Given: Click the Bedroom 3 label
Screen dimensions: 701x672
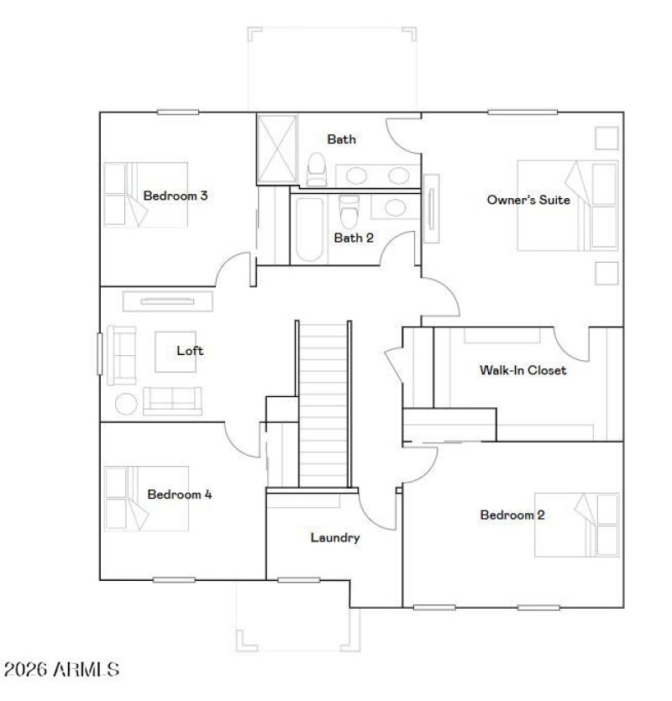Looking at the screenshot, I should click(176, 196).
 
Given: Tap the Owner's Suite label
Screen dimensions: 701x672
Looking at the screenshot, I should click(528, 200).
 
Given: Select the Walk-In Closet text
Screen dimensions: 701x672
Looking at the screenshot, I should click(522, 369).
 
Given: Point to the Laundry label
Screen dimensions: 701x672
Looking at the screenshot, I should click(335, 537).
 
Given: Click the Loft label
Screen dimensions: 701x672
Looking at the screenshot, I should click(190, 351).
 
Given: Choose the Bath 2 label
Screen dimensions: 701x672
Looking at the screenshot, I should click(354, 238).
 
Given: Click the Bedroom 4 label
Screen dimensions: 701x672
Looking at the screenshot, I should click(180, 494).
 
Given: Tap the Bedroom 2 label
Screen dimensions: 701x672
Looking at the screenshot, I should click(512, 515).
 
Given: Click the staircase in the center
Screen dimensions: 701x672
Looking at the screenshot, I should click(323, 403).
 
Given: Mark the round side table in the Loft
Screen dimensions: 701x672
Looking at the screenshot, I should click(126, 404).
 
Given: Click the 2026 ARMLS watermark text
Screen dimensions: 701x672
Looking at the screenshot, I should click(62, 670).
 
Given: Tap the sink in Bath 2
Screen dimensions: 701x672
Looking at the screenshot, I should click(391, 207).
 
